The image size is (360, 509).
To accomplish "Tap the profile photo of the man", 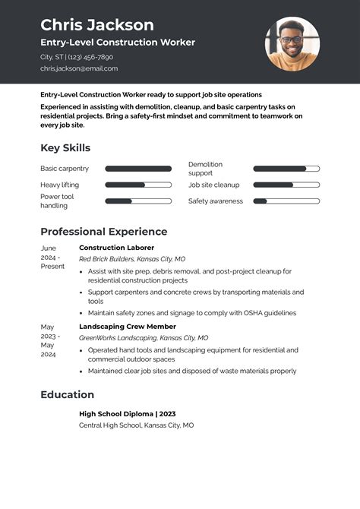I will [x=292, y=43].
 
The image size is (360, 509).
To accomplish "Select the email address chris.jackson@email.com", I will [x=79, y=68].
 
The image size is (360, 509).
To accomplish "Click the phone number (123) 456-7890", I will [x=93, y=57].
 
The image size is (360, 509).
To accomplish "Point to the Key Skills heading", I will [x=65, y=147].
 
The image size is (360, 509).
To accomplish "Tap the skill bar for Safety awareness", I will [x=286, y=201].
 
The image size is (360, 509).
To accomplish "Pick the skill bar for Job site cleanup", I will [x=286, y=185].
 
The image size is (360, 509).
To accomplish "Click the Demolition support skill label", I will [x=205, y=169].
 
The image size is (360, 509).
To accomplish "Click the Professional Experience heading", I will [x=103, y=232].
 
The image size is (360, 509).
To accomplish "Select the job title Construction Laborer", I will [x=116, y=248].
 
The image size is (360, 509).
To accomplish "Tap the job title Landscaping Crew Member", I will [x=127, y=327].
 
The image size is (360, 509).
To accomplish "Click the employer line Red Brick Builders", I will [x=131, y=259].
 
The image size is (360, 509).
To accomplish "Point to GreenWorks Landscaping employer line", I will [x=144, y=338].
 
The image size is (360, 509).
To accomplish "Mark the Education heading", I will [x=67, y=394].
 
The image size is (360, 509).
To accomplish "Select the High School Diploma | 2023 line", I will [x=127, y=414].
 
